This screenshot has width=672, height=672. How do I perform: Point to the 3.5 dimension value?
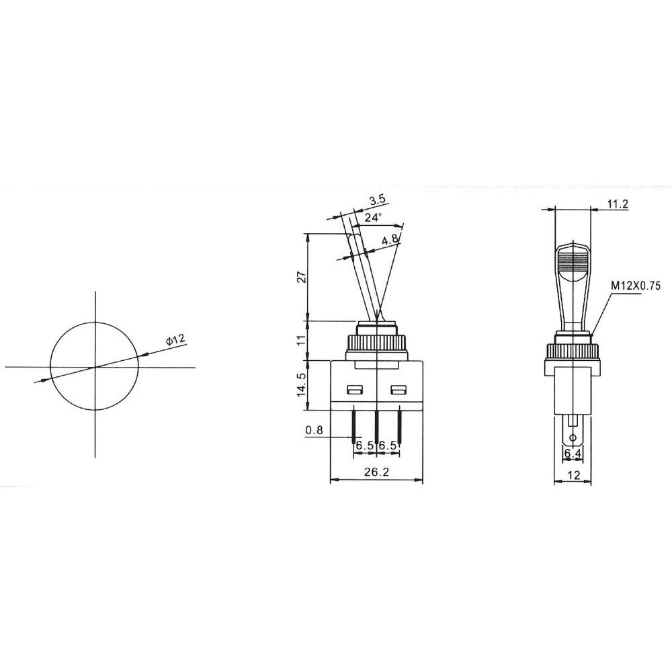pos(377,200)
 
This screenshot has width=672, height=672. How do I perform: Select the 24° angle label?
pos(374,217)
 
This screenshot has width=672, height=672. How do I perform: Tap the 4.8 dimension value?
pos(390,240)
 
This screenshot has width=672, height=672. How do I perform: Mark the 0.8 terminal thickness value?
pos(313,429)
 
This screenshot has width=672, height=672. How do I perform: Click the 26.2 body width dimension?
pos(376,472)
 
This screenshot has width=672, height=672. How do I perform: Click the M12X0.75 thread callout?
pos(636,286)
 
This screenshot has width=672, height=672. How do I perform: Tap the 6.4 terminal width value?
pos(573,454)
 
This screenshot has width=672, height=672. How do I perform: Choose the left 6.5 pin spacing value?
pos(365,446)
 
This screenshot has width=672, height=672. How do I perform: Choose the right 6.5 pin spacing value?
pos(388,446)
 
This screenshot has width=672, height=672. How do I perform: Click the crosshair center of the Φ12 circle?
pos(95,366)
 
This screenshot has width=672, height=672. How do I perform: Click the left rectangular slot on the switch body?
pos(353,390)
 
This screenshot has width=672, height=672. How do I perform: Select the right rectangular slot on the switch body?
pos(399,390)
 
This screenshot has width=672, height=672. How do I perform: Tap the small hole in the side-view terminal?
pos(573,439)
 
